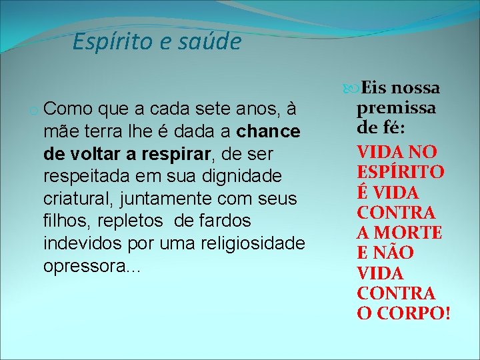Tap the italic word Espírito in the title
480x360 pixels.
[110, 42]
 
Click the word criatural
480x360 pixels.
[73, 199]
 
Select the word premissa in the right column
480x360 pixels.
[395, 108]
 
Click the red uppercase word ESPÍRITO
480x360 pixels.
[400, 171]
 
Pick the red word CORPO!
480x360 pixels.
[413, 313]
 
